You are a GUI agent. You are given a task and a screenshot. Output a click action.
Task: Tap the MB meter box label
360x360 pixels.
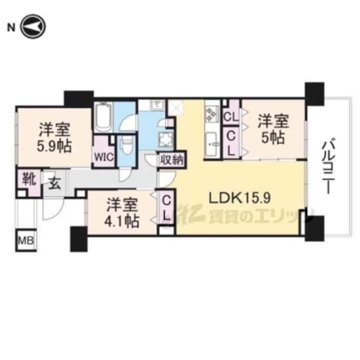[x=26, y=241]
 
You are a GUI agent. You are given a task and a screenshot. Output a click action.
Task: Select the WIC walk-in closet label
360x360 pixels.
[x=104, y=156]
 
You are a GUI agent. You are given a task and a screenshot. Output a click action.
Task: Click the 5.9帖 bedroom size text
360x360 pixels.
[x=54, y=146]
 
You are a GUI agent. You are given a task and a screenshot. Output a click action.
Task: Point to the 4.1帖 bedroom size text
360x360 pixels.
[x=122, y=221]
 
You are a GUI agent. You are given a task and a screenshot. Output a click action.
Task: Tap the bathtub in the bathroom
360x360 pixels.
[x=104, y=117]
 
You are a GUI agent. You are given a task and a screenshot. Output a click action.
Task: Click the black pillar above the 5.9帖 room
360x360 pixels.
[x=78, y=98]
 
